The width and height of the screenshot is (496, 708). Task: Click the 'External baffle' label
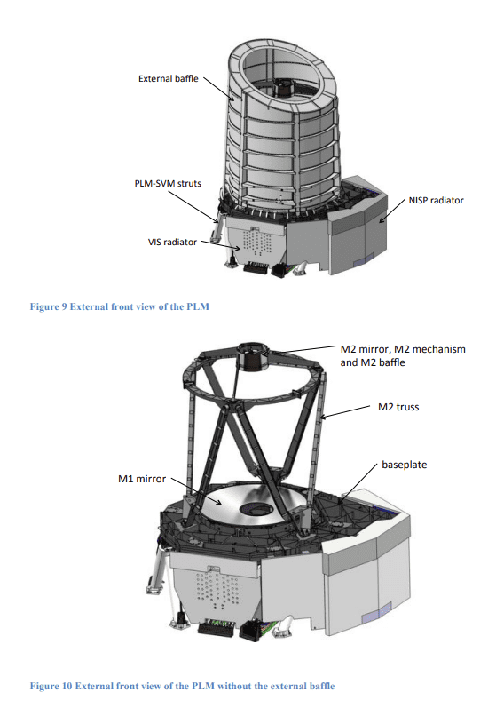click(169, 78)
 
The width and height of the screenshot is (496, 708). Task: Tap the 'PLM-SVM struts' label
click(168, 183)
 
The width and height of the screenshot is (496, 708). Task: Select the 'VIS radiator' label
click(172, 242)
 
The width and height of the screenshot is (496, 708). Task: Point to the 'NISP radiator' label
click(436, 200)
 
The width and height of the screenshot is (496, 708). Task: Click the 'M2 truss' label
click(398, 407)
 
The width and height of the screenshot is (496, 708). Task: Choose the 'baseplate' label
click(405, 465)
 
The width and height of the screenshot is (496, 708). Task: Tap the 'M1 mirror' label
click(142, 479)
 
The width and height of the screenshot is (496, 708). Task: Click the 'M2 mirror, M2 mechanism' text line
click(403, 349)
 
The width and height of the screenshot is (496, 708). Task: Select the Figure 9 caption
click(120, 306)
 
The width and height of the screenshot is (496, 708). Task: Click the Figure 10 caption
click(182, 686)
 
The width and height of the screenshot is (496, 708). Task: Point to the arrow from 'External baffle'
click(218, 89)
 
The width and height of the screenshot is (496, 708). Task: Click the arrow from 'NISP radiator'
click(391, 211)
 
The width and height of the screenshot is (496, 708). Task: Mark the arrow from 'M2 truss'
click(344, 412)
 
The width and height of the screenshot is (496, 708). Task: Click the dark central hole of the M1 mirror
click(257, 509)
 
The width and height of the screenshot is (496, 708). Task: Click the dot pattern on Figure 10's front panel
click(217, 588)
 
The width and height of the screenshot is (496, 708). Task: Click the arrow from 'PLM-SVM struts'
click(195, 207)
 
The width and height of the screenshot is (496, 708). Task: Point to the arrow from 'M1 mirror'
click(197, 492)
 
